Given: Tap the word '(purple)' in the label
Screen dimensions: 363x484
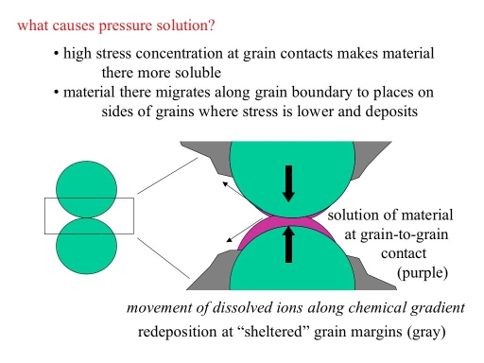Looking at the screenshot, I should coord(424,273).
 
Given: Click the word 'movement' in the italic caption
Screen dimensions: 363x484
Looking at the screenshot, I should coord(158,309).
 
